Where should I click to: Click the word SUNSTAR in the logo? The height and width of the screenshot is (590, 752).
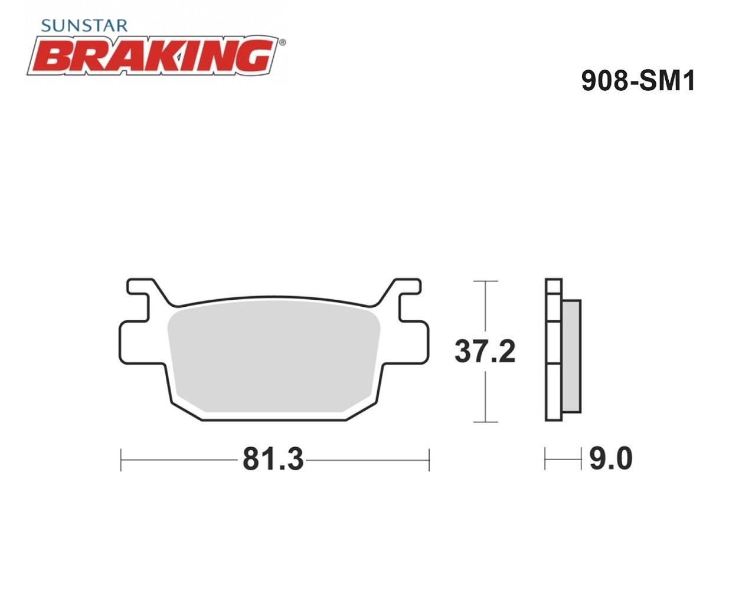(84, 26)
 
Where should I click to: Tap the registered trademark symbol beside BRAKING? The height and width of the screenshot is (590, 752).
(282, 42)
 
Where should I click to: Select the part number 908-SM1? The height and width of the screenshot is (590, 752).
(638, 81)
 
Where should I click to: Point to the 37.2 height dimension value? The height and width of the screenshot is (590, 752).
(485, 352)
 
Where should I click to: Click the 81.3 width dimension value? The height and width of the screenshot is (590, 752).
(273, 459)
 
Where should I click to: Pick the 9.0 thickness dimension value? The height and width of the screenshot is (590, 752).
(611, 459)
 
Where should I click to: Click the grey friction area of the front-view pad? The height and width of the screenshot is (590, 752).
(274, 356)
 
